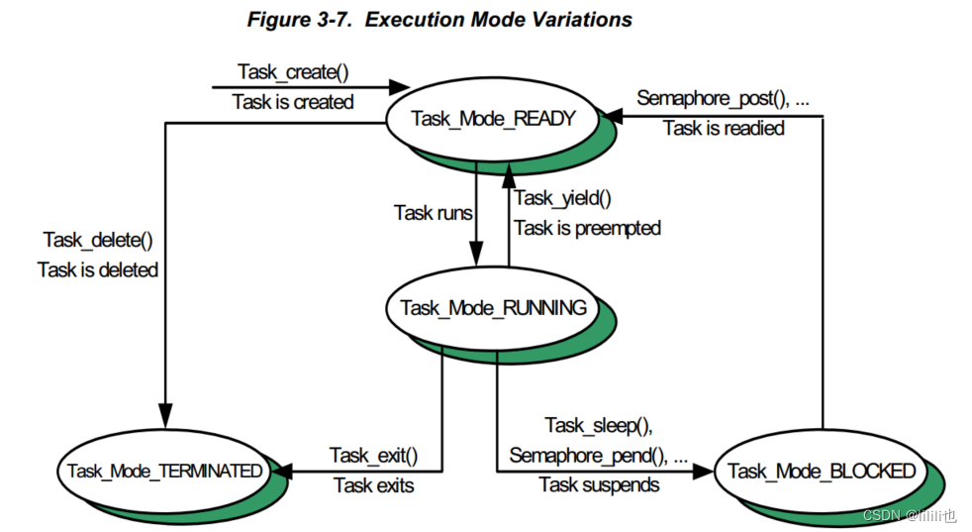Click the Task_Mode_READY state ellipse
pos(492,118)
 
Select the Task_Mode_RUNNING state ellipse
pos(493,307)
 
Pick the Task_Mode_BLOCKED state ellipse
pos(821,472)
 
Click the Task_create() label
pos(292,72)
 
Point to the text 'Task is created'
pos(292,102)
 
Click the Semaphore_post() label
pos(723,98)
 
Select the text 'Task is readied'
pos(724,128)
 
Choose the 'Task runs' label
pos(433,212)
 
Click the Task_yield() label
pos(563,198)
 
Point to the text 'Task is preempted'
pos(587,228)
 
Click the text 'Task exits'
pos(373,484)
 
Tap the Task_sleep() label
pos(599,425)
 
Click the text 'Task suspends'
pos(599,484)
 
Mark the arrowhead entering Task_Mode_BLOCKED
pos(706,471)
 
